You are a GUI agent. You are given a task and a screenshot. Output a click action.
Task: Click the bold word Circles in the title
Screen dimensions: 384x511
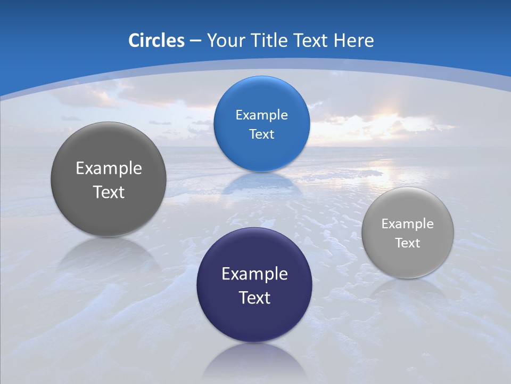[x=156, y=41]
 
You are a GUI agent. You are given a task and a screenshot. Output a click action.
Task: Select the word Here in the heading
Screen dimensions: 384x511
[x=353, y=41]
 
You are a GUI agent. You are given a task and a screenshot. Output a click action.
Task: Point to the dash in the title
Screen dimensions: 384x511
[x=195, y=41]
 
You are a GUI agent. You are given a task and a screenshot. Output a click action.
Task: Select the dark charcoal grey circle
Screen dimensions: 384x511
[x=109, y=179]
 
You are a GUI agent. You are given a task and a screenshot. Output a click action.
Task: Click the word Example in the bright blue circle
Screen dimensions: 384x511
[x=261, y=115]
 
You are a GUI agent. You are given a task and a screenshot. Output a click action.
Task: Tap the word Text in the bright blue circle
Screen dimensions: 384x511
[x=261, y=134]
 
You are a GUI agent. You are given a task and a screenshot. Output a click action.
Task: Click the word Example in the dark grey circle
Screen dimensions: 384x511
[x=109, y=169]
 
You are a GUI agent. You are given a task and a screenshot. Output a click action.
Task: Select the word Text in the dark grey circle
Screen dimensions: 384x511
[x=109, y=192]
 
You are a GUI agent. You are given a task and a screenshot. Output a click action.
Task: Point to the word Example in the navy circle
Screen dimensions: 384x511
[x=254, y=274]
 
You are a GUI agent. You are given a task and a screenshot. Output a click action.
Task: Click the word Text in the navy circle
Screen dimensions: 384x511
[x=254, y=298]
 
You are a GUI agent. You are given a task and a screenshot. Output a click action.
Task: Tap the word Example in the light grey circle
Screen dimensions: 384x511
[x=408, y=224]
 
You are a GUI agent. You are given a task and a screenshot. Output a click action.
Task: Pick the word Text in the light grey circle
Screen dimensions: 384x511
[x=408, y=243]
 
